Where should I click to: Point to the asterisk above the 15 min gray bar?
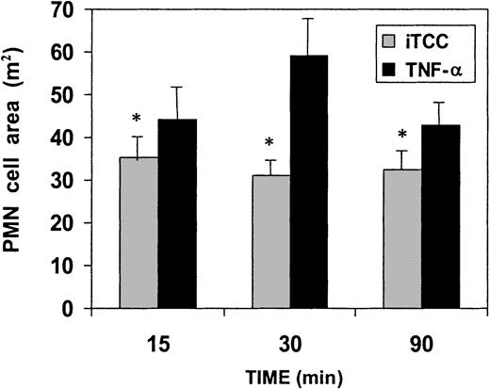point(138,121)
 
